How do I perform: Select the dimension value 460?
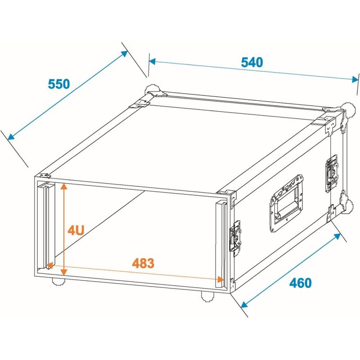point(300,283)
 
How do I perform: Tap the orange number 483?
point(143,263)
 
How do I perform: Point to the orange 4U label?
point(76,231)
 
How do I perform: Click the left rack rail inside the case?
point(46,225)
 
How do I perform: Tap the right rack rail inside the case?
point(221,243)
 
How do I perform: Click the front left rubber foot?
point(58,282)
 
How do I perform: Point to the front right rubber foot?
point(207,296)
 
